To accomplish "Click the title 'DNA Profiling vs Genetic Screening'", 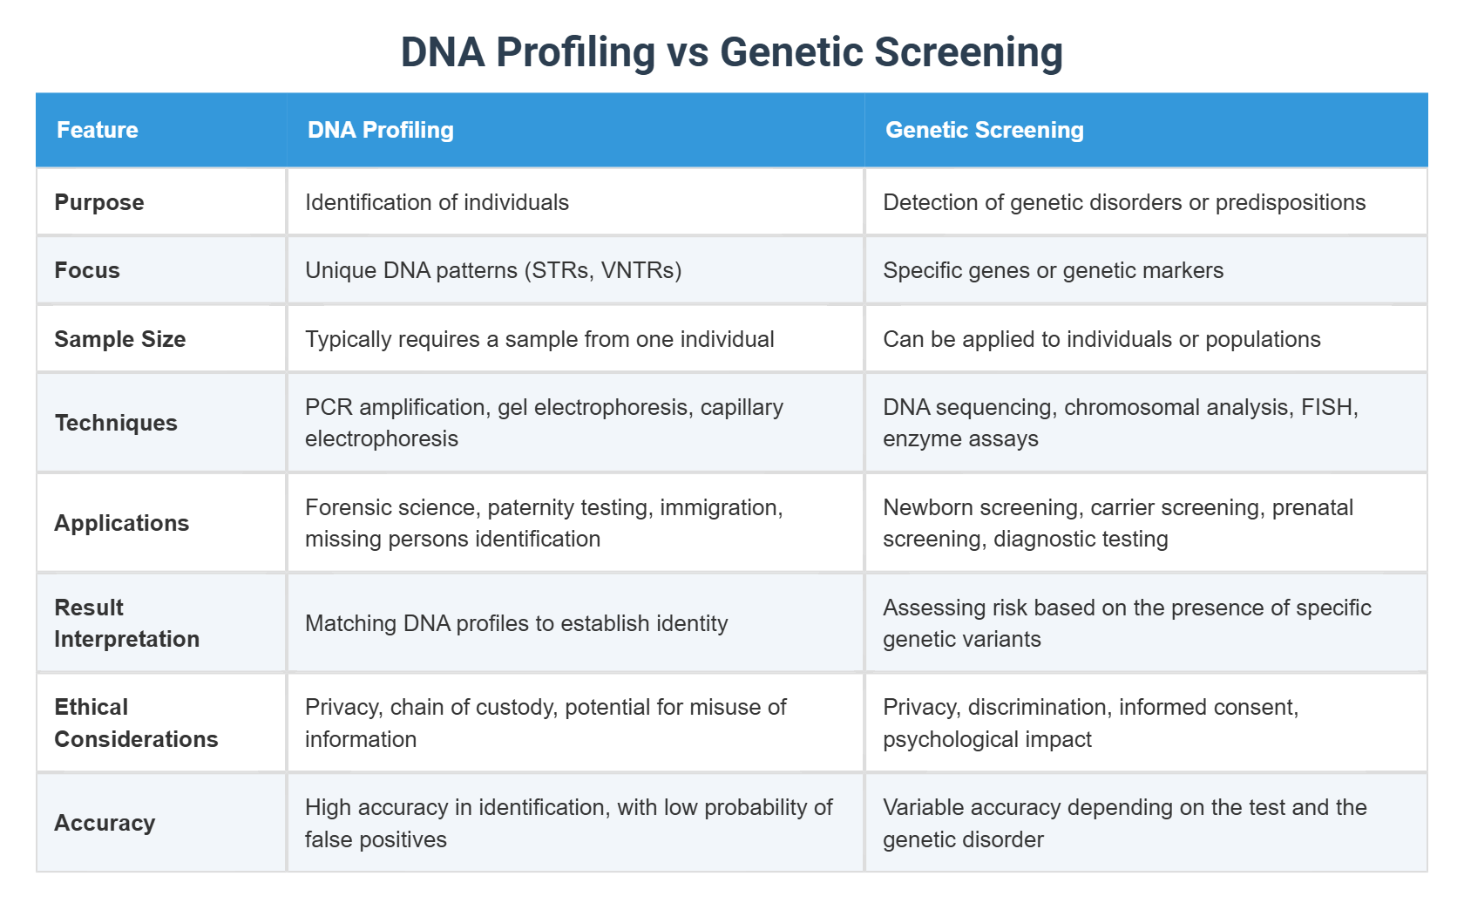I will click(731, 52).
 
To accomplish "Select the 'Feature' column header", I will click(98, 130).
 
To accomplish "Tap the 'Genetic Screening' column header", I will click(984, 130).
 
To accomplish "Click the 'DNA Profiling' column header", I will click(380, 130).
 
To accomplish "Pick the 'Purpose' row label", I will click(99, 202).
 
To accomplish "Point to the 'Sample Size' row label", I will click(120, 339).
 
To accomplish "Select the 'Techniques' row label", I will click(116, 423).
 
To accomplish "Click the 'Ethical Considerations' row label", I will click(136, 723).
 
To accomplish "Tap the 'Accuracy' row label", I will click(105, 823).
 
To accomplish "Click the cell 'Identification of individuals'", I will click(437, 202).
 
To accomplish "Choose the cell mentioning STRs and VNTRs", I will click(493, 270).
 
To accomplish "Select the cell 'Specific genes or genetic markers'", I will click(1053, 270).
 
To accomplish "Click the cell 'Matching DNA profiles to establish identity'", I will click(516, 623).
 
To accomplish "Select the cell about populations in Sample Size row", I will click(1101, 339).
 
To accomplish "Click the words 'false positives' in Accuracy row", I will click(376, 839).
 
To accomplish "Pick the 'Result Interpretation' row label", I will click(126, 623).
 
